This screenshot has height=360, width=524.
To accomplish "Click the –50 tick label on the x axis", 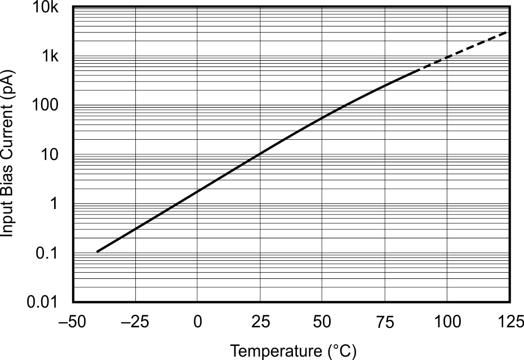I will tap(72, 323).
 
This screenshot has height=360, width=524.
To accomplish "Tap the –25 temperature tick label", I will tap(135, 323).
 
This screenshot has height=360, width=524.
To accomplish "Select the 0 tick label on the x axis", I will tap(198, 323).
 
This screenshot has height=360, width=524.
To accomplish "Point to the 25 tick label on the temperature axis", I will tap(260, 323).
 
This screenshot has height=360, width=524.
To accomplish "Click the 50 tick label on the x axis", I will tap(322, 323).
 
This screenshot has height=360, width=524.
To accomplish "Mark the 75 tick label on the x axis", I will tap(384, 323).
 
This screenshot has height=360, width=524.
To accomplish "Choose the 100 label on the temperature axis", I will tap(447, 323).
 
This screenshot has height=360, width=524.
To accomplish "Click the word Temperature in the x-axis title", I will tap(276, 352).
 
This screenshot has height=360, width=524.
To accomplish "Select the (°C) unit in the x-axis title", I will tap(341, 352).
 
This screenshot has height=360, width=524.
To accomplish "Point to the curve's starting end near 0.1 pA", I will tap(97, 251).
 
